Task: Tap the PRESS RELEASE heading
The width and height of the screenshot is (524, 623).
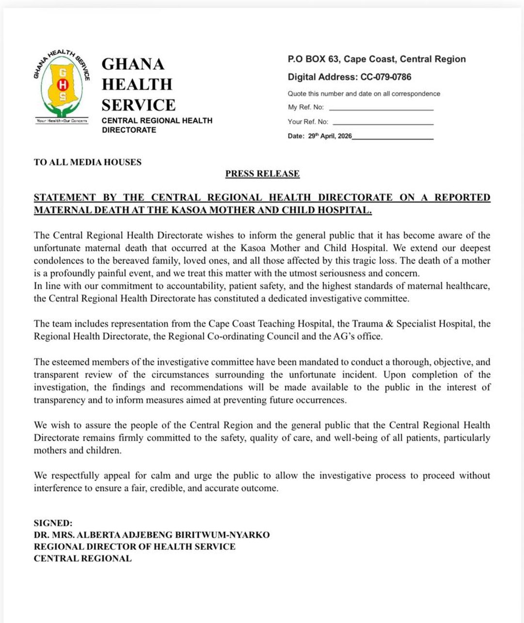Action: click(x=262, y=174)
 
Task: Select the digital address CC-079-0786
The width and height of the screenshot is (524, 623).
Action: click(x=386, y=77)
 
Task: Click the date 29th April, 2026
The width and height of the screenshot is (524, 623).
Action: click(x=330, y=136)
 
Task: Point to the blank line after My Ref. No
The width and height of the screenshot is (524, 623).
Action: click(x=381, y=108)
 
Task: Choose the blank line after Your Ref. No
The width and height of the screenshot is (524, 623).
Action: click(x=383, y=123)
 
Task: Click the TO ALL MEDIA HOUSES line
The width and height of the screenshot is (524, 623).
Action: click(x=88, y=162)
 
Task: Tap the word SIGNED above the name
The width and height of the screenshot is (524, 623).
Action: click(x=53, y=523)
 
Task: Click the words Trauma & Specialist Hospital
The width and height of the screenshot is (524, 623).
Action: click(x=414, y=323)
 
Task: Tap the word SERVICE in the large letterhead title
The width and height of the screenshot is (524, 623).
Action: click(x=139, y=105)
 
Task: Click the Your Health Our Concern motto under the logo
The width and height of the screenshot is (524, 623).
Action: click(x=62, y=121)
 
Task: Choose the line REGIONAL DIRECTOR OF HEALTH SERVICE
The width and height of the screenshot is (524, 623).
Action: click(x=135, y=546)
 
